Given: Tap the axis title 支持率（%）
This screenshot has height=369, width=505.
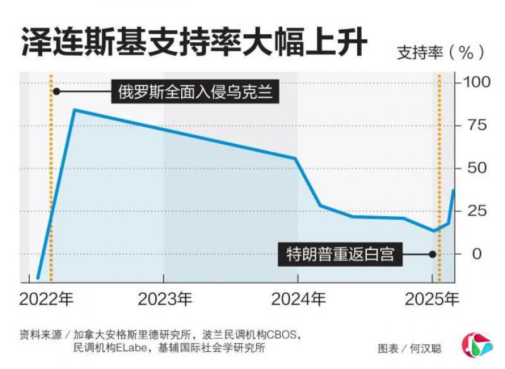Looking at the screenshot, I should [441, 53].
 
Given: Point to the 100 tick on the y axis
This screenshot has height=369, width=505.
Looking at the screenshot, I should [476, 82].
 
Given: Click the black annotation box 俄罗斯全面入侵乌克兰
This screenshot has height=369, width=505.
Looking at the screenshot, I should [195, 92].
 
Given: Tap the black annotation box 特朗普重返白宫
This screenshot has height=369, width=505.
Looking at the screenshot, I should [340, 254].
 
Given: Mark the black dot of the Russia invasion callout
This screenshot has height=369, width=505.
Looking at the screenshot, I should [56, 92].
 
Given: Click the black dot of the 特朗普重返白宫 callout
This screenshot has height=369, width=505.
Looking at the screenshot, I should [432, 254].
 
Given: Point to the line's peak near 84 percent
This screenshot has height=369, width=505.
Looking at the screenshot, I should [74, 110].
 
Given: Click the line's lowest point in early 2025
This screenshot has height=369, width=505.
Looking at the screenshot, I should [434, 231].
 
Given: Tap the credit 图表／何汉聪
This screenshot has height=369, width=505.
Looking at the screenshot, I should [410, 348].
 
